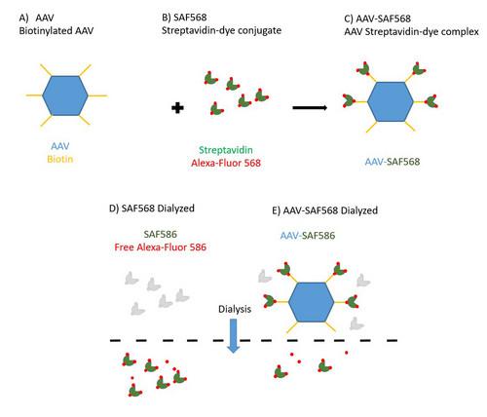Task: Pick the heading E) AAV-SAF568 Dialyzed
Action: [x=327, y=210]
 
